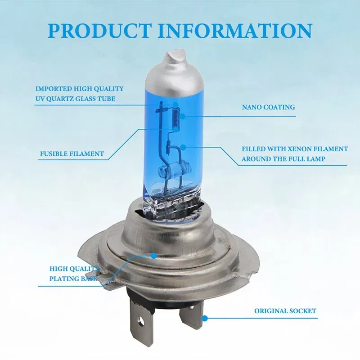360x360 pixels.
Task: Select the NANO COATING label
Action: (268, 107)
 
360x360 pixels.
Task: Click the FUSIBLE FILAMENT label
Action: (72, 154)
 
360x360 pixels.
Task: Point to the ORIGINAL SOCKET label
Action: (285, 311)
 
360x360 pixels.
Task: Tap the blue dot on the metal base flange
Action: (154, 256)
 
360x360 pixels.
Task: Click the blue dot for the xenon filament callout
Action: (185, 147)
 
